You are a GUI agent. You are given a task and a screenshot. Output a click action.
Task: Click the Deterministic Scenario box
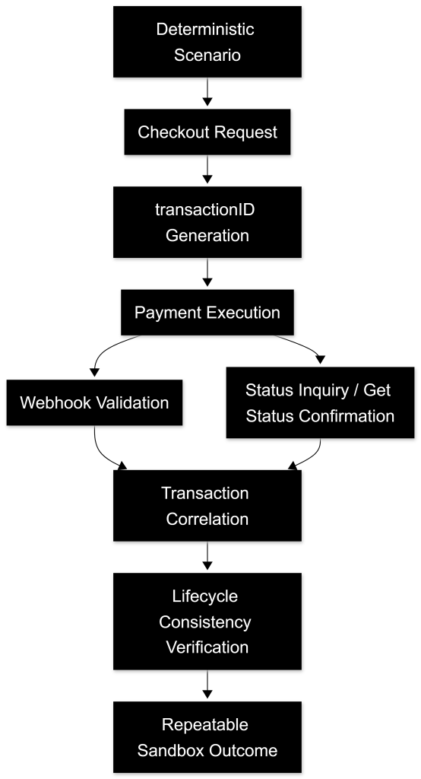207,42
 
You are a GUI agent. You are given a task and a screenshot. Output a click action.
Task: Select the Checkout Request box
207,132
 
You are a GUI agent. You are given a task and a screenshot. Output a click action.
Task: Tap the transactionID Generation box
207,222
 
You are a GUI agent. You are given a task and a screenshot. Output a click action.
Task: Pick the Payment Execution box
207,313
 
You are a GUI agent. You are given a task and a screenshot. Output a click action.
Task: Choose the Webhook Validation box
94,402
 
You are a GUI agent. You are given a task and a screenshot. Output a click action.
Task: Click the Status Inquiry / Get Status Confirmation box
320,402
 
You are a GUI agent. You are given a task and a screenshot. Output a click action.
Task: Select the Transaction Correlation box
207,505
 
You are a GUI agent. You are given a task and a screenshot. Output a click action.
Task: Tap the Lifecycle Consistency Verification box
207,622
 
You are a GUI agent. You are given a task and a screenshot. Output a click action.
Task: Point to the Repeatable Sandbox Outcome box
207,737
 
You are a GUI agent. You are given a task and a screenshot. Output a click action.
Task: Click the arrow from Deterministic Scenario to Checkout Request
207,92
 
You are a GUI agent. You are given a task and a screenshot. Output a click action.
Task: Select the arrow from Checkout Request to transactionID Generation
207,170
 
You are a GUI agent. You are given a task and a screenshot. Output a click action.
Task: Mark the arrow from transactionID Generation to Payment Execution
207,272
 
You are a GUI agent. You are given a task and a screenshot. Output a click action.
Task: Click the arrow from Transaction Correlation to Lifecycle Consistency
207,555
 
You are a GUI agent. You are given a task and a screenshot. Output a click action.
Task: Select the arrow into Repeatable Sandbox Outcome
207,684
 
